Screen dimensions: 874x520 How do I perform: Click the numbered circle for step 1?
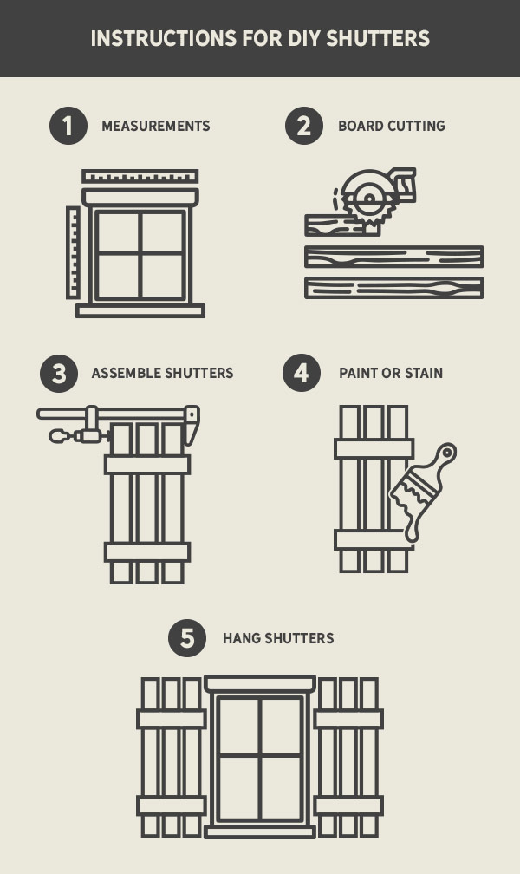point(68,126)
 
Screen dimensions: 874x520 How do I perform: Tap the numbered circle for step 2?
point(304,126)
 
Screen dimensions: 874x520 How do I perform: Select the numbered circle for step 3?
point(59,374)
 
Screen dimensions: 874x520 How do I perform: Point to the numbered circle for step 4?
point(302,374)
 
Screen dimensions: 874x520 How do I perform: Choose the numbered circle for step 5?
point(187,639)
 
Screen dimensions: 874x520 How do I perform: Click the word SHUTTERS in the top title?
point(379,39)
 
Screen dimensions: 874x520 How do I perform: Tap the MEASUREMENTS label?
point(156,126)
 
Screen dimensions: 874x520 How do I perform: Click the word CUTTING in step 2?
point(416,126)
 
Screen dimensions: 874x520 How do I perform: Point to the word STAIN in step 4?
point(423,374)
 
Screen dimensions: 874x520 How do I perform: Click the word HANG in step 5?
point(241,639)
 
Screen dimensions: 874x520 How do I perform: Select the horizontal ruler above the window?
point(140,177)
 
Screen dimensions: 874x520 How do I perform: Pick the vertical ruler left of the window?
point(73,252)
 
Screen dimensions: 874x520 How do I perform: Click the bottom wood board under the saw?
point(393,288)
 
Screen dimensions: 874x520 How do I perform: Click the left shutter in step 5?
point(172,757)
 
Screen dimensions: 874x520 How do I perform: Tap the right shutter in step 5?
point(348,757)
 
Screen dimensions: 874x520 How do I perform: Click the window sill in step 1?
point(140,310)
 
